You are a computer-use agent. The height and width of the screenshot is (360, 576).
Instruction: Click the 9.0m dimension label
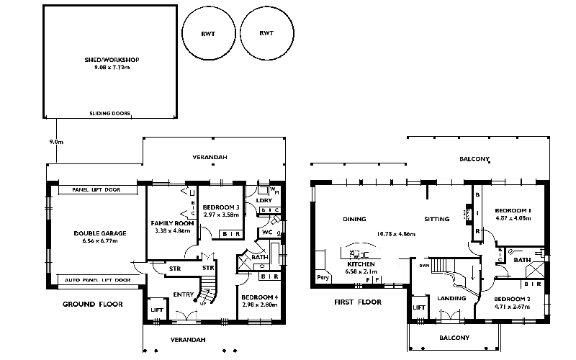pyautogui.click(x=56, y=143)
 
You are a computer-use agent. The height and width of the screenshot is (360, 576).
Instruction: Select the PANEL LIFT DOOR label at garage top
pyautogui.click(x=97, y=190)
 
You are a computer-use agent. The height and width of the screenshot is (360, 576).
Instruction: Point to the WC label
pyautogui.click(x=266, y=233)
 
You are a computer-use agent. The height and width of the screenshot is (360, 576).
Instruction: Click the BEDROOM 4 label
pyautogui.click(x=259, y=297)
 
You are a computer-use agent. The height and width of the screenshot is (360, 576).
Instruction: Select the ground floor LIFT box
pyautogui.click(x=156, y=310)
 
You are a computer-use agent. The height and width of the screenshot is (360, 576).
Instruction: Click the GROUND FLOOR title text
pyautogui.click(x=93, y=304)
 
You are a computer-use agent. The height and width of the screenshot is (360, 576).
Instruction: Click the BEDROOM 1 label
pyautogui.click(x=513, y=211)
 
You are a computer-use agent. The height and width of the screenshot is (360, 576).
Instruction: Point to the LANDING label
pyautogui.click(x=451, y=298)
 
